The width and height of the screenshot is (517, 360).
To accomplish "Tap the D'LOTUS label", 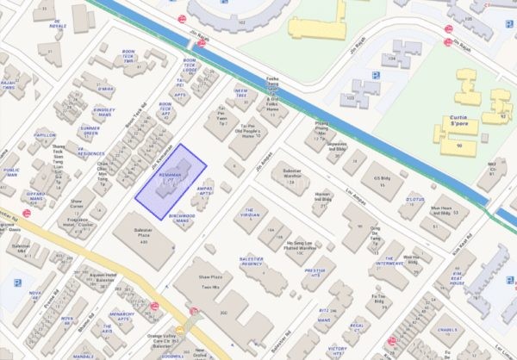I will pos(415,200).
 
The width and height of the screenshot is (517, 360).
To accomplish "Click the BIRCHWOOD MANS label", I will pos(184,219).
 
